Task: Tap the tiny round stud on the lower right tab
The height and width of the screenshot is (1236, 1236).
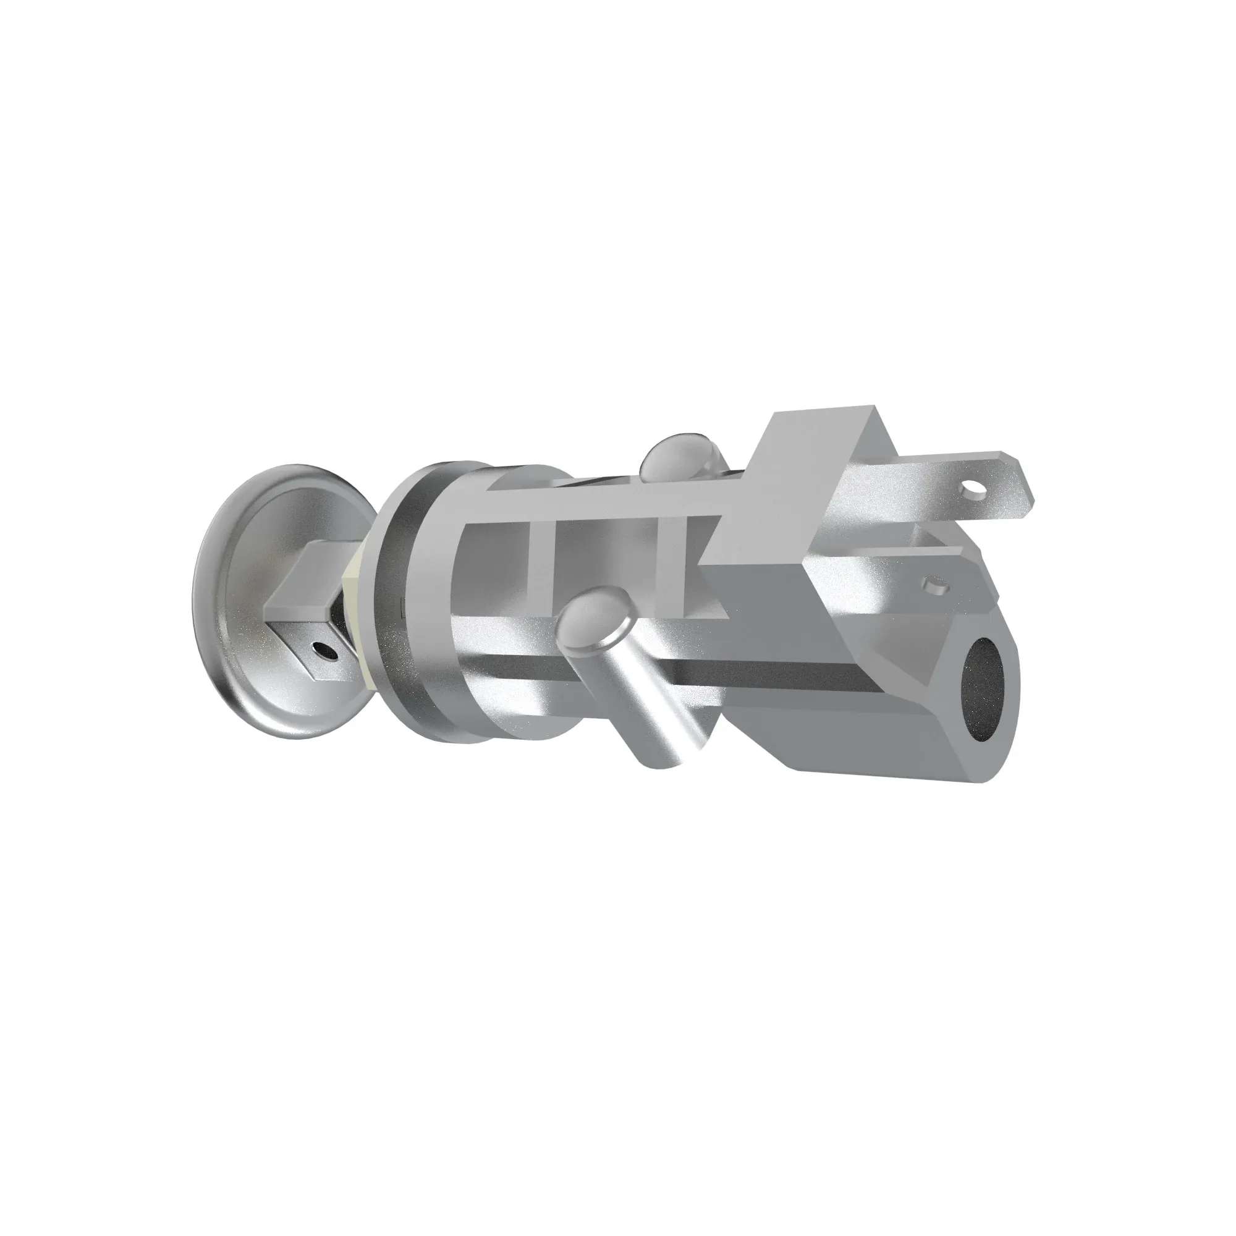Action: [934, 584]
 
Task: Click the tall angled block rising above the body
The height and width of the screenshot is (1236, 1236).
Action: [787, 486]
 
